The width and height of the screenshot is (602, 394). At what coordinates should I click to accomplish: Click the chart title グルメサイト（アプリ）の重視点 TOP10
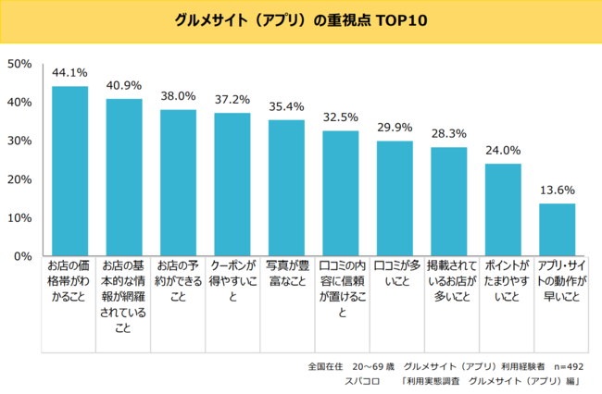point(301,19)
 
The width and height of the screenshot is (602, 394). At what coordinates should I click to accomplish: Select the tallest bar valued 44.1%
point(69,171)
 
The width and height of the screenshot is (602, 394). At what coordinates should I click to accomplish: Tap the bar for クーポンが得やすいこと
point(232,184)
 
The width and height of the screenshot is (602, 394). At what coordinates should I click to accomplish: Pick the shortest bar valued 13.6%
point(558,229)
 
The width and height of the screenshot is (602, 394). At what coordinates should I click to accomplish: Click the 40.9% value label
point(124,84)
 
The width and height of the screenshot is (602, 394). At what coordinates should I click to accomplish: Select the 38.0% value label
point(178,95)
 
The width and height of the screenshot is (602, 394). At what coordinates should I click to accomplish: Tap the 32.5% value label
point(341,117)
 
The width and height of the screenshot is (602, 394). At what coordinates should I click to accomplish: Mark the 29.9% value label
point(395,127)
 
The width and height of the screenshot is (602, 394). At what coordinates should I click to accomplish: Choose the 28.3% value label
point(449,132)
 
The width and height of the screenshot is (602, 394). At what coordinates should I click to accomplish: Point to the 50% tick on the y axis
point(20,64)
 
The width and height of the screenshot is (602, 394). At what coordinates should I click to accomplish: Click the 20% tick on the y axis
point(20,179)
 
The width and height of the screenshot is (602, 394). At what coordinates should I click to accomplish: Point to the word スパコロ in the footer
point(363,381)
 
